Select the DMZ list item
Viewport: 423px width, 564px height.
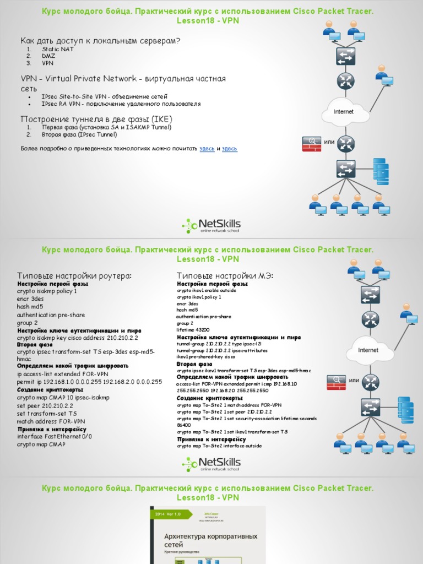click(x=48, y=56)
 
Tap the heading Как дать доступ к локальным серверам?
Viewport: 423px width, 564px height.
click(x=100, y=40)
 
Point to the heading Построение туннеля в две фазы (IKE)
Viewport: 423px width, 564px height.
click(x=96, y=119)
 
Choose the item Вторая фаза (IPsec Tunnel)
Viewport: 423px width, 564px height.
click(x=79, y=134)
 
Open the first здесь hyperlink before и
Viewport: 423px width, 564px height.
click(x=207, y=149)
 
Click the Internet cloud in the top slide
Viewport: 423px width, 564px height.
click(x=344, y=112)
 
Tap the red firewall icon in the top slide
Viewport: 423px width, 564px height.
click(x=312, y=144)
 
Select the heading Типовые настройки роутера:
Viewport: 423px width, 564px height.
click(x=74, y=275)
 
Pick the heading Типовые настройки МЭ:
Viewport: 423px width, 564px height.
click(x=225, y=275)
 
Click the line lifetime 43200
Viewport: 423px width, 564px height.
click(x=193, y=330)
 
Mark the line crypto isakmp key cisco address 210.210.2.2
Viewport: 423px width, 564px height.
click(x=77, y=338)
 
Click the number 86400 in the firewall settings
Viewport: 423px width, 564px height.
click(x=184, y=425)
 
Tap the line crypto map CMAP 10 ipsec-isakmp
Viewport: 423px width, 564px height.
click(x=63, y=397)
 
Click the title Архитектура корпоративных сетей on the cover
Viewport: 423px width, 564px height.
click(x=210, y=540)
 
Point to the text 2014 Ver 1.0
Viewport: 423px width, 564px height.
click(x=167, y=513)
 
